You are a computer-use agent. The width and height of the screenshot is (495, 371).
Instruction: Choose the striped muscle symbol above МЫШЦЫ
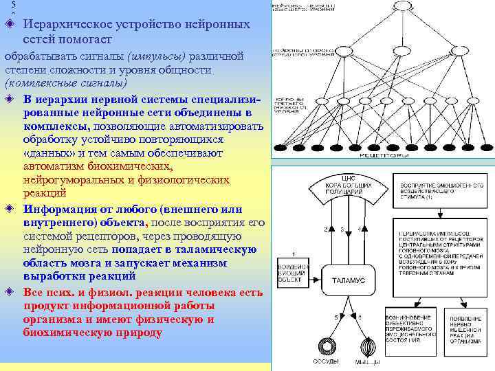pyautogui.click(x=366, y=346)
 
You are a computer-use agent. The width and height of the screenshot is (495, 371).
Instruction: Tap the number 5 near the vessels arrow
pyautogui.click(x=336, y=317)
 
